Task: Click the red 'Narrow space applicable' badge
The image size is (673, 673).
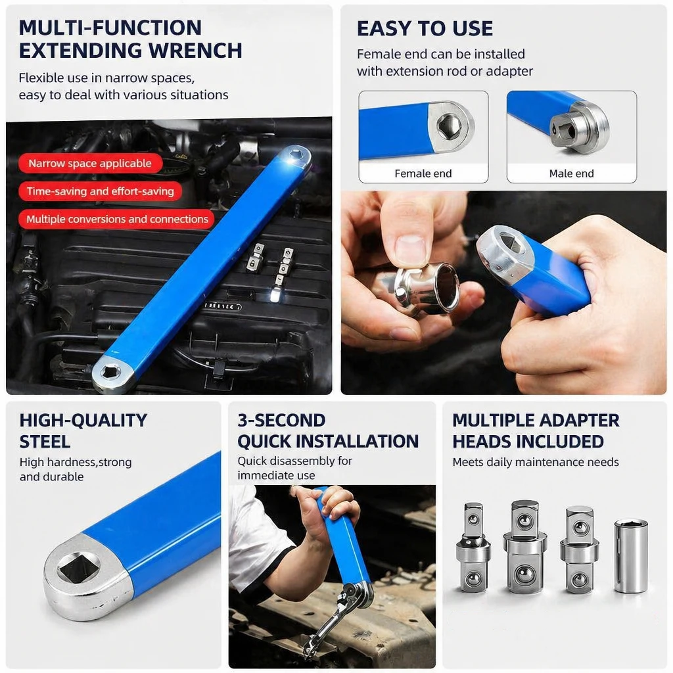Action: [x=90, y=164]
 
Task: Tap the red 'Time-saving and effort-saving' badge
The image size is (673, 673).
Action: [x=100, y=191]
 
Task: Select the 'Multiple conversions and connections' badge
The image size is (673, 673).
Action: [x=117, y=220]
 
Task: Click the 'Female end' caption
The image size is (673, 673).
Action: [x=423, y=174]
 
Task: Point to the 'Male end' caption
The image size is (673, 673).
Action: [x=571, y=174]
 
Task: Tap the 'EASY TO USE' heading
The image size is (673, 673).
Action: [x=425, y=29]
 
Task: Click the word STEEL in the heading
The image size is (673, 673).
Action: [x=45, y=442]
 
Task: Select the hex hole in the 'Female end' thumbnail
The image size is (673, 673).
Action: [x=449, y=126]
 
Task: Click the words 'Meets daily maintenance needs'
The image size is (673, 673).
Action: [x=536, y=462]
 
